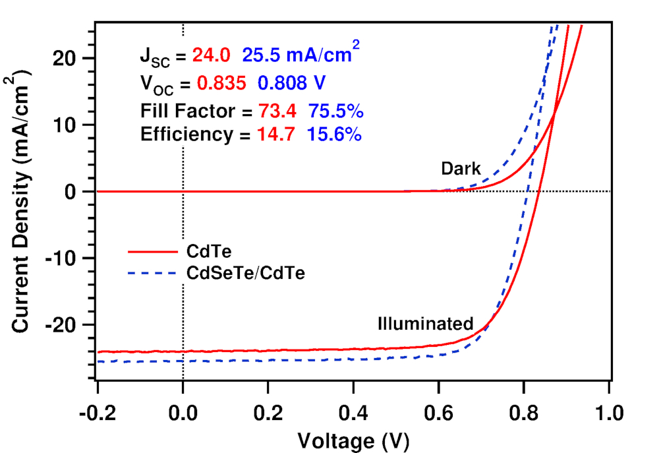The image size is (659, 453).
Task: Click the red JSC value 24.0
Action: coord(212,57)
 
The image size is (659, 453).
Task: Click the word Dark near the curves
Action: coord(461,169)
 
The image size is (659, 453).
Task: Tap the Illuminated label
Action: coord(426,324)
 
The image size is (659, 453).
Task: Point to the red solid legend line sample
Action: coord(153,251)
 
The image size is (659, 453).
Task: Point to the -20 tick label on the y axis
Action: coord(63,324)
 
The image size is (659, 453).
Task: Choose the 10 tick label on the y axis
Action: coord(70,125)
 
